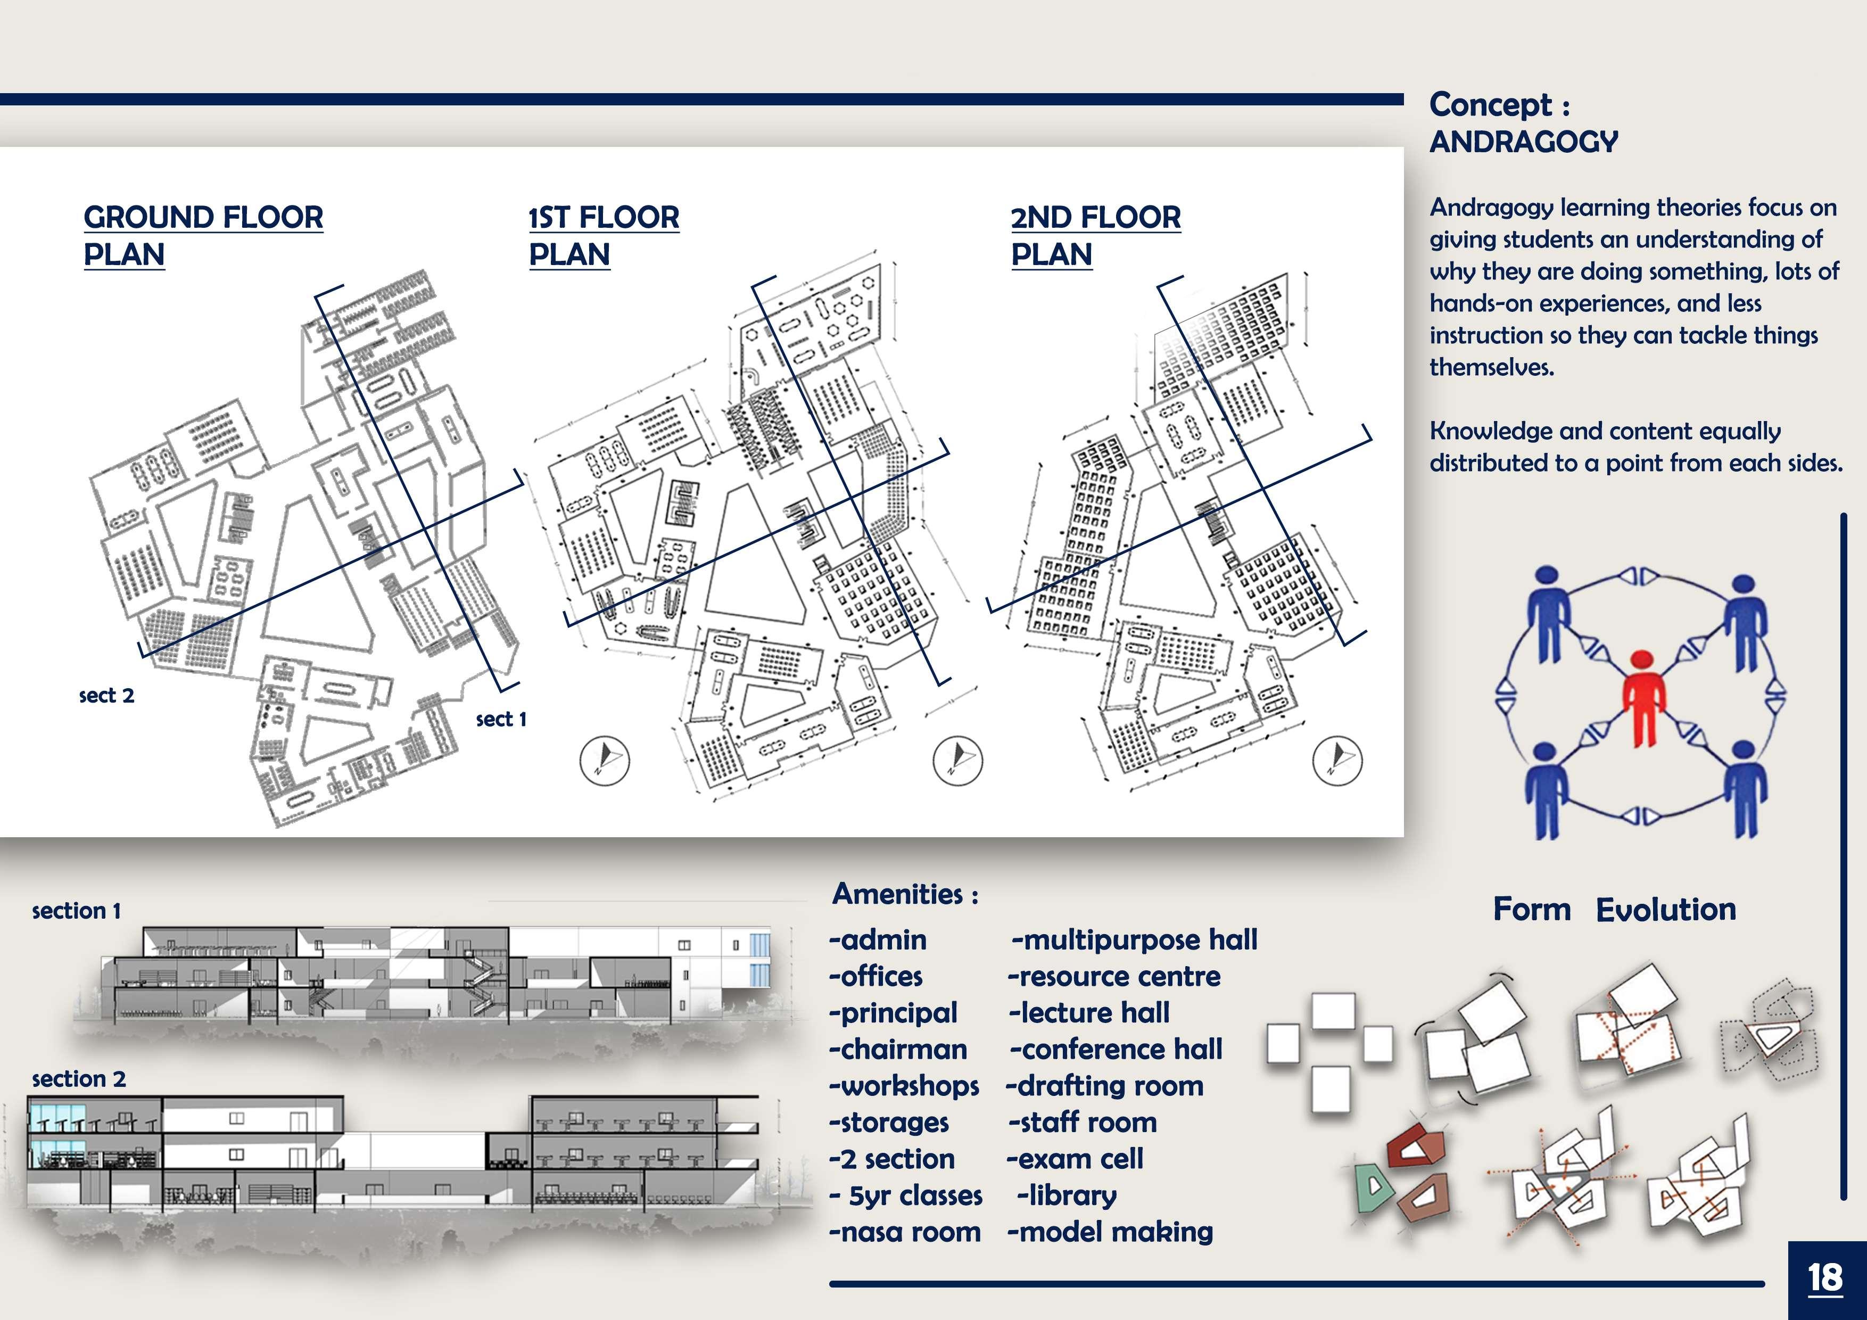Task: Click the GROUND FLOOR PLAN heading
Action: coord(203,235)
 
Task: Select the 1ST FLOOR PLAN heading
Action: coord(604,235)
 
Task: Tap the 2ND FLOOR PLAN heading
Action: coord(1095,235)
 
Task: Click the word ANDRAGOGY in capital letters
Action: coord(1523,142)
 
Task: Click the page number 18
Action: coord(1825,1278)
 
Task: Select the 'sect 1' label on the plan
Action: coord(501,719)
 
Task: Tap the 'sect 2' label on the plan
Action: coord(106,695)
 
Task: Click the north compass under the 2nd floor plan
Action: coord(1337,761)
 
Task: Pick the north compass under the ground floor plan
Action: coord(604,761)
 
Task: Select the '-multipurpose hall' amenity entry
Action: coord(1134,939)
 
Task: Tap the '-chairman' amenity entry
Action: coord(898,1049)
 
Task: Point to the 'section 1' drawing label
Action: coord(77,911)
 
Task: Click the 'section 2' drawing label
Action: coord(79,1079)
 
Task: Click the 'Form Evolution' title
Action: coord(1614,909)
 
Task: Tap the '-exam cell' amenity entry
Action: coord(1075,1158)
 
